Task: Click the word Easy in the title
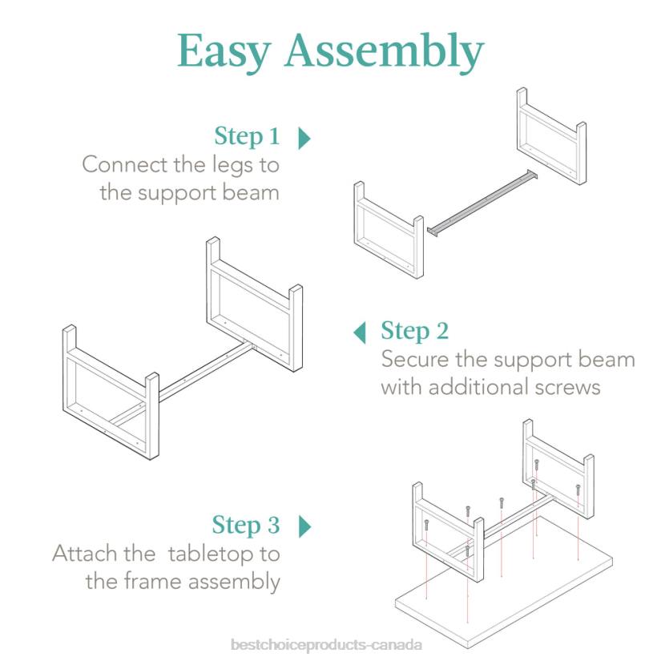224,51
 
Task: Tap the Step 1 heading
247,137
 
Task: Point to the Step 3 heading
246,526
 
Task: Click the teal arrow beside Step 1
304,138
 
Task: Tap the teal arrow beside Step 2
361,331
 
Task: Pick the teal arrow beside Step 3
304,526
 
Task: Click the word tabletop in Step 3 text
208,553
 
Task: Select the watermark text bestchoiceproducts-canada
324,644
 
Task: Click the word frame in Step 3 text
154,581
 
